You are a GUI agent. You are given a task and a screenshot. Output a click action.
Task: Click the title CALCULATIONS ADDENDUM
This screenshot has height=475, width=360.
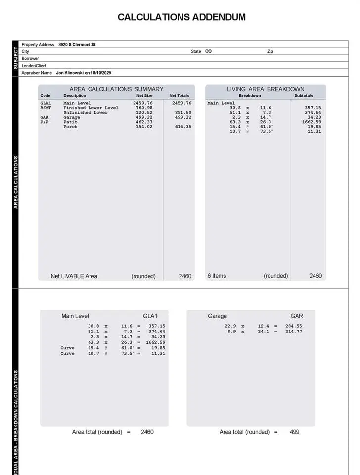point(181,17)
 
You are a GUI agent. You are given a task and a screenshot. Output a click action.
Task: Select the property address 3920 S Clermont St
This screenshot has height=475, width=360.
point(77,45)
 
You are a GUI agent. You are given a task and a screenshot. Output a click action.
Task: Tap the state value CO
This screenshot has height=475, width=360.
point(208,51)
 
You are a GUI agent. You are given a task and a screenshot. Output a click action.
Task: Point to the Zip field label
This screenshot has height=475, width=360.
point(270,51)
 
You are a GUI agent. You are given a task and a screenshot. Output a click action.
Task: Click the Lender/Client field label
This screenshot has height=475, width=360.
point(34,66)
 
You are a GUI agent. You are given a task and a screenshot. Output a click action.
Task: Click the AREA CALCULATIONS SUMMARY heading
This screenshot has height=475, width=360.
point(116,89)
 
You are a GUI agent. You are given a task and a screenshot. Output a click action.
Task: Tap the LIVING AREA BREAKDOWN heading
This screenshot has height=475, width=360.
point(266,89)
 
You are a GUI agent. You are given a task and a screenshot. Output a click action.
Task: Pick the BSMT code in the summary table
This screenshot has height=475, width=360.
point(45,108)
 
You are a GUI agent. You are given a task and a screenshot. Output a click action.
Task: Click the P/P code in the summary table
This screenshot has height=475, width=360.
point(45,122)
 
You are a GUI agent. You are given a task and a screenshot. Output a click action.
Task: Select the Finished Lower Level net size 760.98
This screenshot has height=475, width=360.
point(143,108)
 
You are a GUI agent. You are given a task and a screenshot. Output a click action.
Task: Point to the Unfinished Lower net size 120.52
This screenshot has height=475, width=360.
point(143,113)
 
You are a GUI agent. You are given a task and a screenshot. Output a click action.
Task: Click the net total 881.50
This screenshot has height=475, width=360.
point(181,113)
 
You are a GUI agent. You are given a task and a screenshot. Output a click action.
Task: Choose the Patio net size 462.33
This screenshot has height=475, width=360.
point(143,122)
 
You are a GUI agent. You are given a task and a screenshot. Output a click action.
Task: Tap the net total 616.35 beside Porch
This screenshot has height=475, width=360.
point(181,127)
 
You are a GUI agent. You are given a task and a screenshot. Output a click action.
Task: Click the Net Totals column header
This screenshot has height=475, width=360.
point(179,96)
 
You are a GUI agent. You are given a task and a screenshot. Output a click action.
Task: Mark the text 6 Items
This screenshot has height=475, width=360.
point(217,276)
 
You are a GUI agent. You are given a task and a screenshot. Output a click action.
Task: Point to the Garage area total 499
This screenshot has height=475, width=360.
point(294,432)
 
